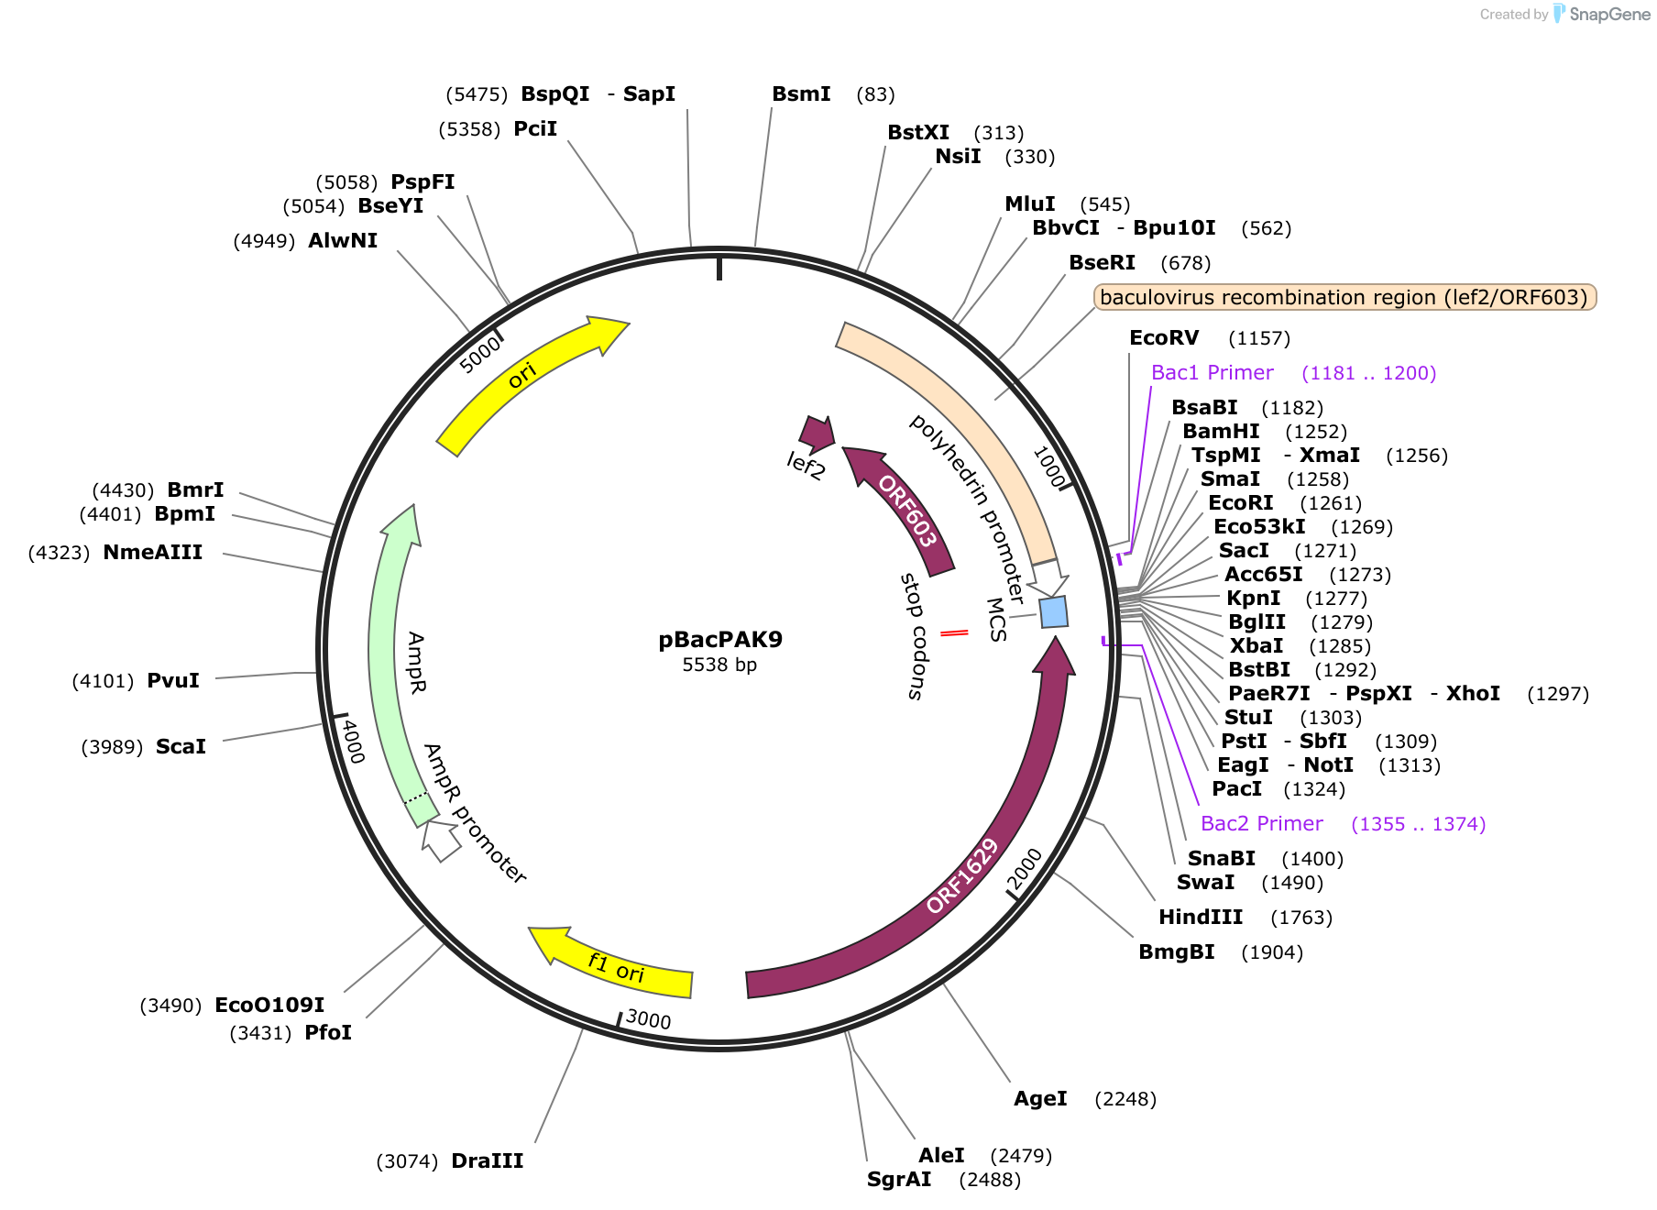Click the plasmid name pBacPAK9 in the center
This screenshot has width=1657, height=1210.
[x=720, y=640]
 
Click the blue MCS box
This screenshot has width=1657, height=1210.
[x=1054, y=611]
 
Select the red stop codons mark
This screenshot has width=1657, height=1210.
[x=954, y=632]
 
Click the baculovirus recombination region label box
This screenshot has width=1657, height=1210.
[x=1344, y=297]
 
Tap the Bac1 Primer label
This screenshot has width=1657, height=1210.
[x=1212, y=373]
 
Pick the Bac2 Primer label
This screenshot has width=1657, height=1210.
[x=1261, y=824]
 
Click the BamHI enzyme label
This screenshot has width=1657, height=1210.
[x=1221, y=432]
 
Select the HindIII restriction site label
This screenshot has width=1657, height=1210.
[x=1201, y=918]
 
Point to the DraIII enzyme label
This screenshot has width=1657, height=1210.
[x=487, y=1161]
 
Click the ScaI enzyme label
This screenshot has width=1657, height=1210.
[x=181, y=747]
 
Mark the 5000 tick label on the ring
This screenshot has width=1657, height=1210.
[x=480, y=354]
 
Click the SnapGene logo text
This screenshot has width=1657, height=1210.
[x=1609, y=14]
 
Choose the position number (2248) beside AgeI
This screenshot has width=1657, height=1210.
[x=1125, y=1099]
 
